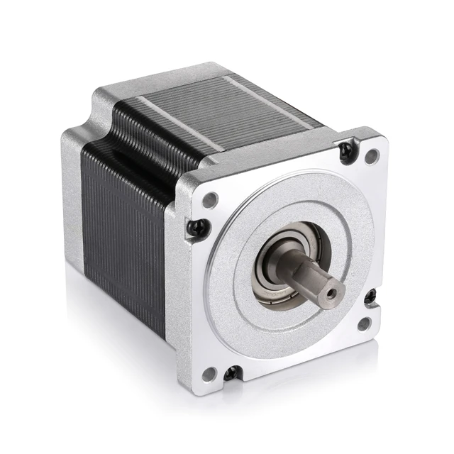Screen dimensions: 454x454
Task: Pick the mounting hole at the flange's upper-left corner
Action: [210, 199]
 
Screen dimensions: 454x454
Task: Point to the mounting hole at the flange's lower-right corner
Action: [365, 324]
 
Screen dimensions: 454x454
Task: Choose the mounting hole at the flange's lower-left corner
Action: [209, 374]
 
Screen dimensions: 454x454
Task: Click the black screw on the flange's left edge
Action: [198, 228]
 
